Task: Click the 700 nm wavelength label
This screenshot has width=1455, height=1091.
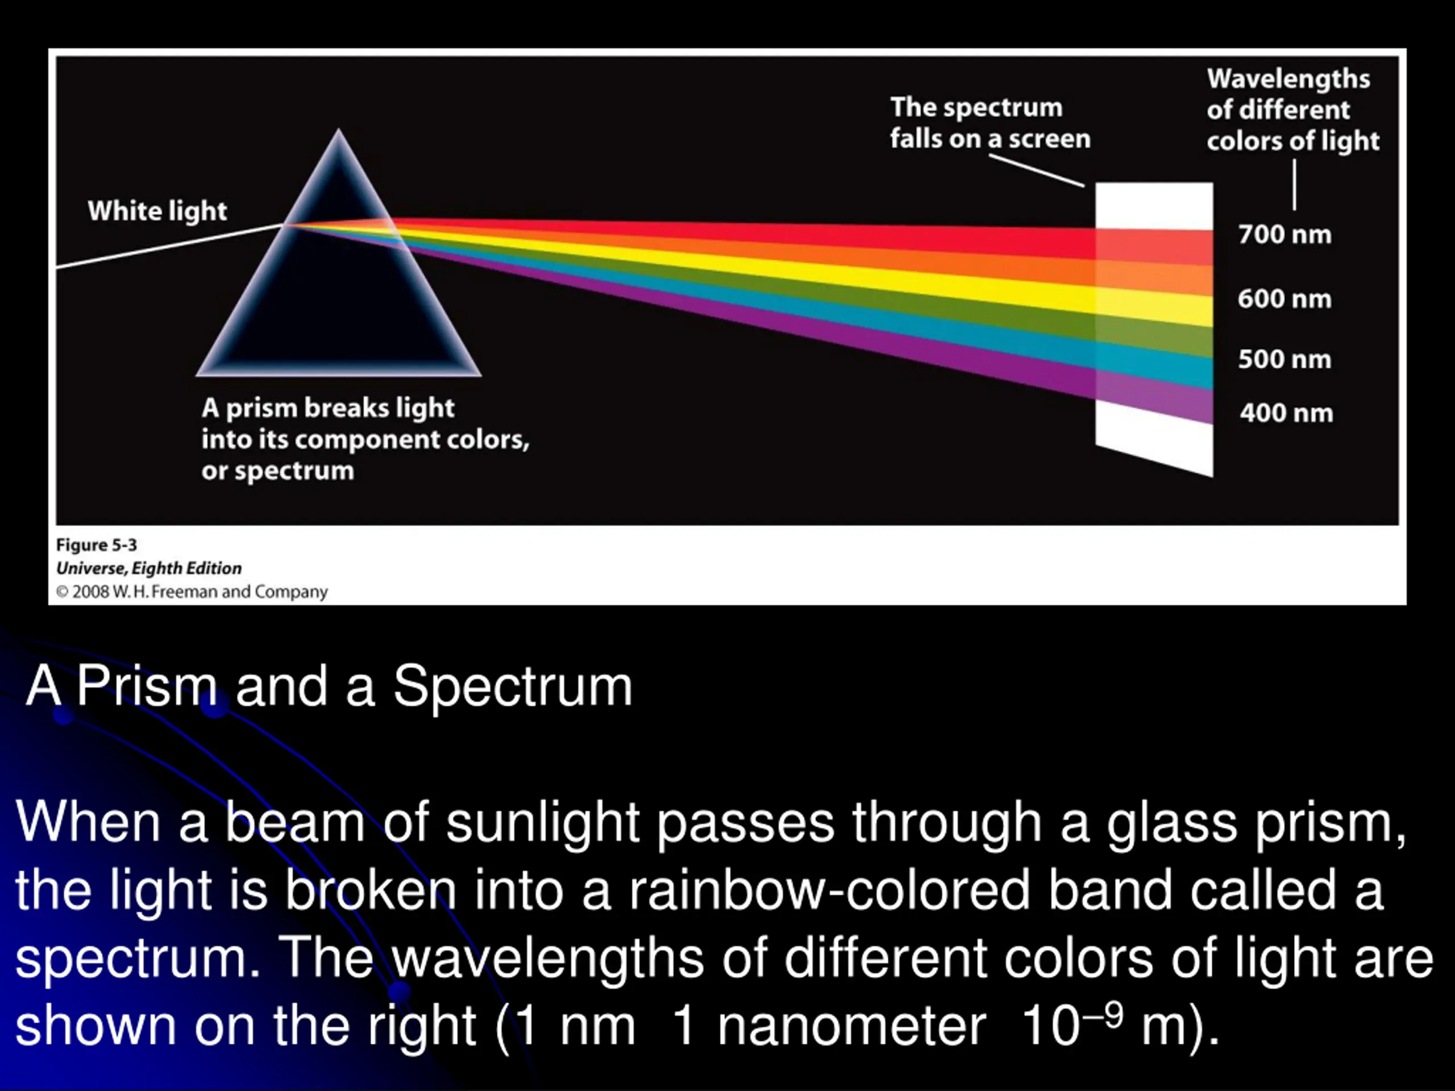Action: [x=1284, y=235]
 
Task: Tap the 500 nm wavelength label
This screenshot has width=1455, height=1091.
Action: [x=1284, y=360]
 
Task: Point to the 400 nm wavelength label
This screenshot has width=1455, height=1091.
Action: [x=1286, y=414]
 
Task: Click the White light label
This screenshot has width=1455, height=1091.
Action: [x=157, y=212]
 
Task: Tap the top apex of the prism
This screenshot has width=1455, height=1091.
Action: [x=339, y=130]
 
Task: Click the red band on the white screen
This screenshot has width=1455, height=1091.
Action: [x=1154, y=245]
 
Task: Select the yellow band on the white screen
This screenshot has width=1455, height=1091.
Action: [x=1154, y=308]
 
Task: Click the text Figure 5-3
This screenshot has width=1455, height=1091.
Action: [x=97, y=545]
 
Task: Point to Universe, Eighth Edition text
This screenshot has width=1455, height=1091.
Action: [x=149, y=568]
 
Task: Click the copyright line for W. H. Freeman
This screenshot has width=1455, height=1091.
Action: [x=192, y=592]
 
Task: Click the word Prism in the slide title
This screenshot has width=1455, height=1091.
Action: [x=147, y=685]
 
